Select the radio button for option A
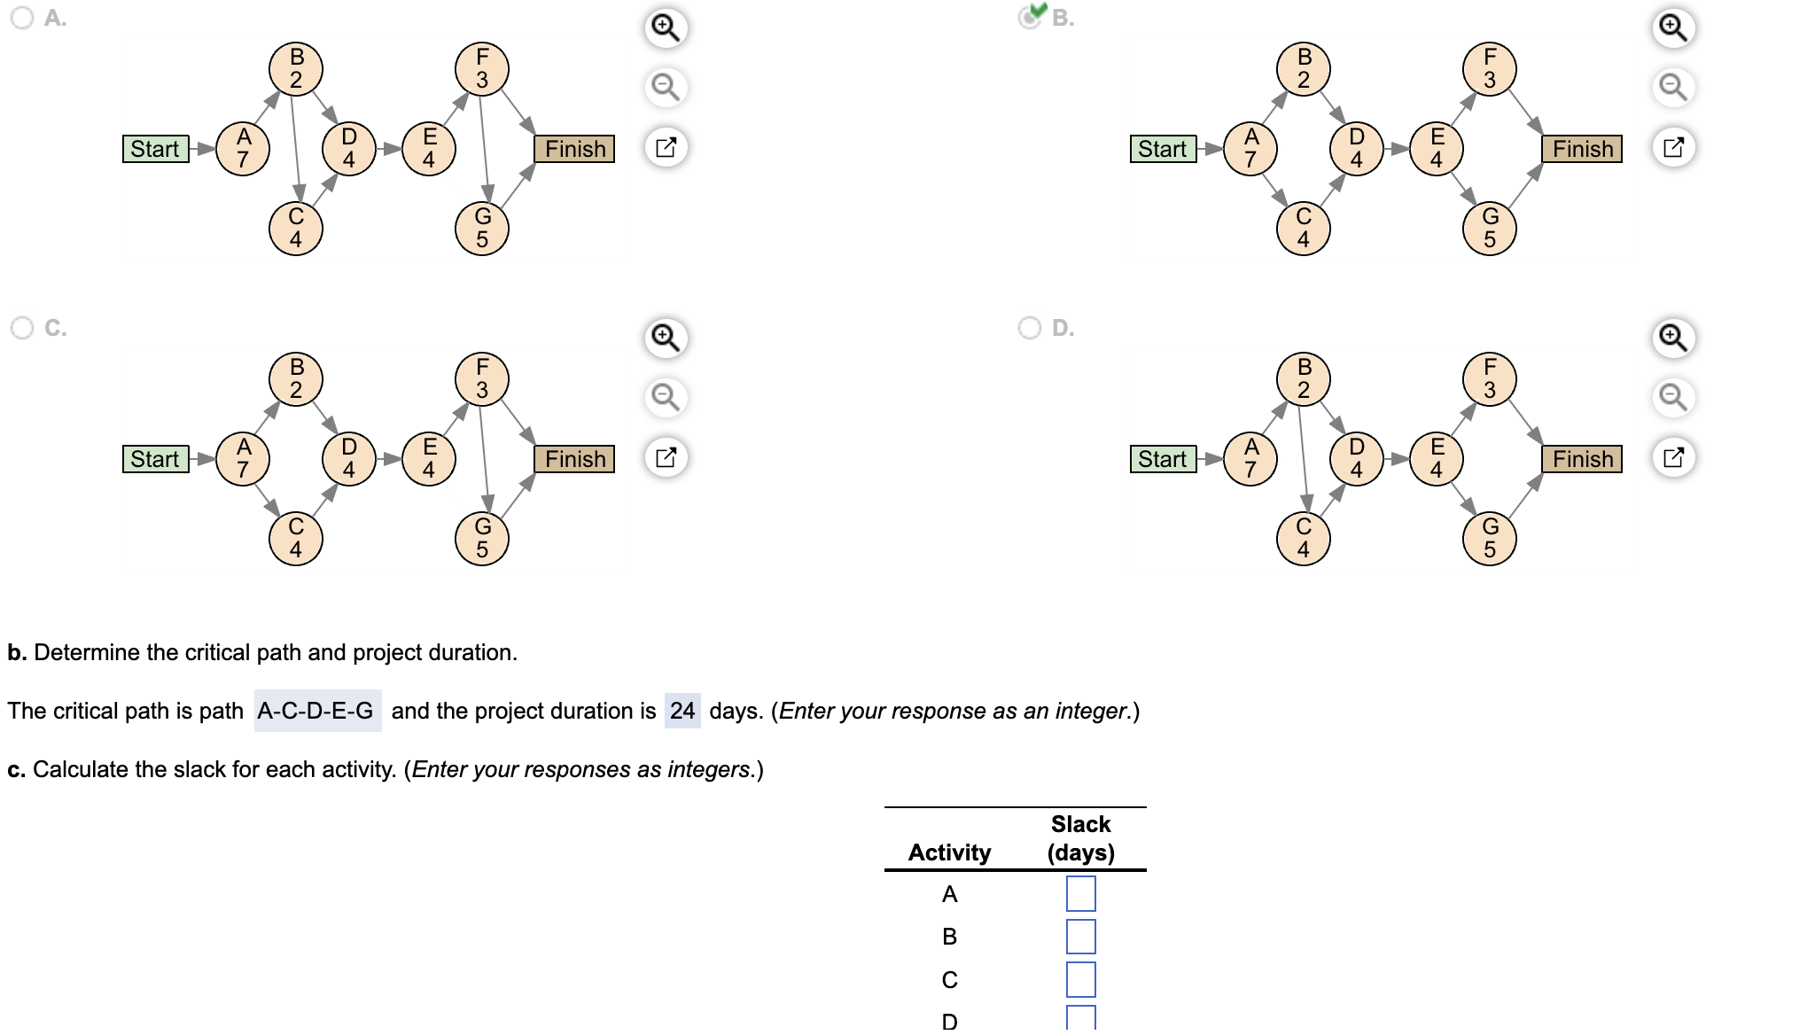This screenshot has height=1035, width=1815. click(x=22, y=18)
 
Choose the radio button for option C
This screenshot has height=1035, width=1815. click(x=22, y=328)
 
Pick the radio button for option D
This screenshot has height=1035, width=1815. click(x=1029, y=328)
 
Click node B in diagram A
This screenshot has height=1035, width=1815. click(x=296, y=69)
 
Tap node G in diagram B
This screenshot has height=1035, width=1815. click(x=1490, y=229)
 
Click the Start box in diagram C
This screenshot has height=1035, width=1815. click(x=156, y=459)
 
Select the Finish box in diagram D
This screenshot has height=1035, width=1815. click(x=1583, y=459)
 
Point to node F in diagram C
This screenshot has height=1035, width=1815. click(x=482, y=379)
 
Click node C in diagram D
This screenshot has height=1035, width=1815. click(x=1303, y=539)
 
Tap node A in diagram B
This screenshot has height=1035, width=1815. click(x=1250, y=149)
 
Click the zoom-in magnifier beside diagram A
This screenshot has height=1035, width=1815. click(x=666, y=27)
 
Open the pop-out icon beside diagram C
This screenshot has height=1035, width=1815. click(x=666, y=457)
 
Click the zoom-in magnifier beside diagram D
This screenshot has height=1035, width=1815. click(x=1673, y=338)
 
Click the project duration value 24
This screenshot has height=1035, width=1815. click(x=682, y=711)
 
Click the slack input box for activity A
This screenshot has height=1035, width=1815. click(x=1080, y=893)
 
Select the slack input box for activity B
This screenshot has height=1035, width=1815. click(x=1080, y=936)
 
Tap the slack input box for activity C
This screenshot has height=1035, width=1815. click(x=1080, y=979)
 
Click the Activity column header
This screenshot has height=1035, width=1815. click(x=949, y=852)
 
